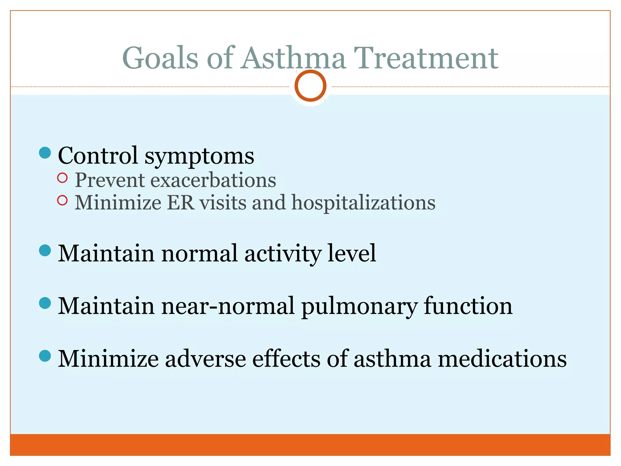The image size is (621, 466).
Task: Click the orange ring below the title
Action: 310,86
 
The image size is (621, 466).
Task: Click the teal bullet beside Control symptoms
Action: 45,153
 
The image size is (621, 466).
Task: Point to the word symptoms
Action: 199,157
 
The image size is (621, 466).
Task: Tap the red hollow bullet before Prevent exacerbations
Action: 62,178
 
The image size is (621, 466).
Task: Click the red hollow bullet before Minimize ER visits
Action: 62,200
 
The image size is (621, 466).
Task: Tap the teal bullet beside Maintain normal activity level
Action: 45,251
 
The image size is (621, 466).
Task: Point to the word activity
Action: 282,253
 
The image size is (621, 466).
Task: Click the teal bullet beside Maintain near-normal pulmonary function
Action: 45,303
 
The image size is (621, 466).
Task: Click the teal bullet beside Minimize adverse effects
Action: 45,356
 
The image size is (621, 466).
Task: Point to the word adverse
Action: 205,359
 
